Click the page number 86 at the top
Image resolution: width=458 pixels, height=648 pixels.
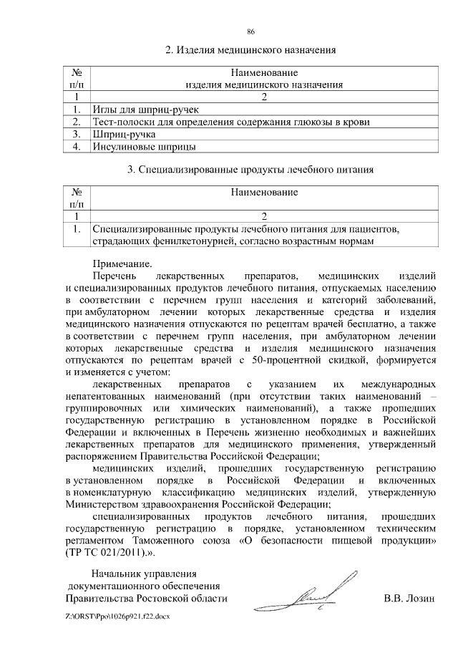click(x=251, y=32)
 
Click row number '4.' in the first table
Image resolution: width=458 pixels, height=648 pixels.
click(x=75, y=147)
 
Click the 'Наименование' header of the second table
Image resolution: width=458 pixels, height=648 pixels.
click(x=264, y=193)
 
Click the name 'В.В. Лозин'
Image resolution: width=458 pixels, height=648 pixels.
click(x=409, y=598)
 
